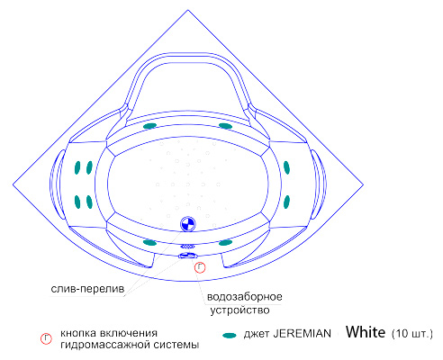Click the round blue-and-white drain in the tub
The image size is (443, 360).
(x=188, y=224)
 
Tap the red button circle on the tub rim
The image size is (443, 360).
(x=200, y=267)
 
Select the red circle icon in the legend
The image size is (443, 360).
(x=46, y=338)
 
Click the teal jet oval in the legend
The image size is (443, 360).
(x=230, y=335)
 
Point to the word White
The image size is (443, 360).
(x=366, y=332)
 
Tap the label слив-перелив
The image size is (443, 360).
(x=87, y=289)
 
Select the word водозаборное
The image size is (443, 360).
(x=245, y=297)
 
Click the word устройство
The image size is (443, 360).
(x=240, y=310)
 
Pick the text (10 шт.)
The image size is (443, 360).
(x=412, y=334)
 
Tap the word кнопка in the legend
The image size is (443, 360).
(x=78, y=333)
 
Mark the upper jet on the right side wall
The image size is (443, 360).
(x=286, y=167)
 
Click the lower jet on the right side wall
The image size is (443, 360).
(x=286, y=202)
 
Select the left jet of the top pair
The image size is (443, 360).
(x=149, y=126)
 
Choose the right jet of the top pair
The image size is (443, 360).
(x=225, y=126)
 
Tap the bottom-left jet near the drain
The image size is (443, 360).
(x=149, y=242)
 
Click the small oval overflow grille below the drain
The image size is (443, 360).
(x=187, y=247)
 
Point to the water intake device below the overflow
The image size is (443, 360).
(x=188, y=256)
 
